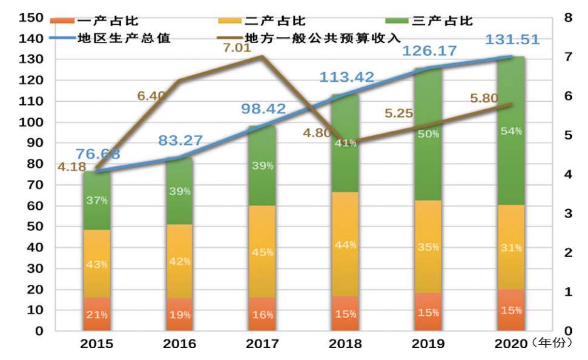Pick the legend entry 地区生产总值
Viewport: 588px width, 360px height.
tap(124, 38)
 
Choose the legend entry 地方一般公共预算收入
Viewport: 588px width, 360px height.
tap(323, 38)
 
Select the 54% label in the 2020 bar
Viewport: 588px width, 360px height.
tap(512, 131)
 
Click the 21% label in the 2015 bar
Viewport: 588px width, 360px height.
tap(97, 315)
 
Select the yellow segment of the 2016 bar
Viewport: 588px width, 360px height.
tap(180, 261)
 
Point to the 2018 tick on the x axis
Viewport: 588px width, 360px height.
tap(346, 344)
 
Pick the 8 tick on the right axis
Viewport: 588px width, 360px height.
tap(567, 18)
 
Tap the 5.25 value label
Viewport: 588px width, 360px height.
tap(400, 113)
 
